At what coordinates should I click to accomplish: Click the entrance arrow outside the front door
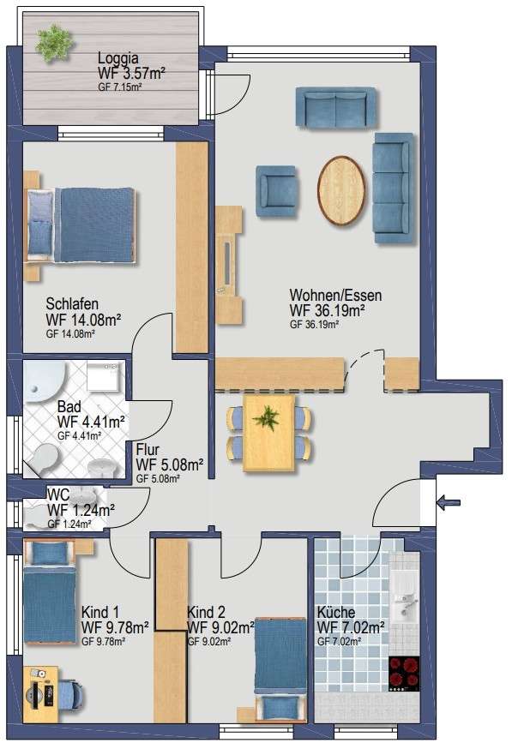point(449,502)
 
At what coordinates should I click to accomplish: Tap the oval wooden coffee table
point(341,190)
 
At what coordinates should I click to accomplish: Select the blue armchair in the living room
point(275,191)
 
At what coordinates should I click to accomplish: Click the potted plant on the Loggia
point(54,43)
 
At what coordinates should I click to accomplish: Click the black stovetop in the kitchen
point(404,674)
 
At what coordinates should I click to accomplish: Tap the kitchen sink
point(405,602)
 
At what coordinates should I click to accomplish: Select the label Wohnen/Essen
point(335,295)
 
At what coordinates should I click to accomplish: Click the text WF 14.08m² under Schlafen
point(83,320)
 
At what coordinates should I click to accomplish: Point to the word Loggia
point(118,58)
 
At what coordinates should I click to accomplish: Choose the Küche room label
point(336,612)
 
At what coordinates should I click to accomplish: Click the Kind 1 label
point(100,612)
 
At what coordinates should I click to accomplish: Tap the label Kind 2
point(206,612)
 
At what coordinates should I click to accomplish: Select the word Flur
point(148,450)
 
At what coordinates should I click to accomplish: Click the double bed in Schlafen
point(81,225)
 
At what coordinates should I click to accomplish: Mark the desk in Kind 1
point(40,694)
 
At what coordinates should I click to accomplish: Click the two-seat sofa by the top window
point(335,107)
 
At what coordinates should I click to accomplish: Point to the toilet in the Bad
point(42,458)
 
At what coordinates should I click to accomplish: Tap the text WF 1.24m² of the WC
point(81,510)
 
